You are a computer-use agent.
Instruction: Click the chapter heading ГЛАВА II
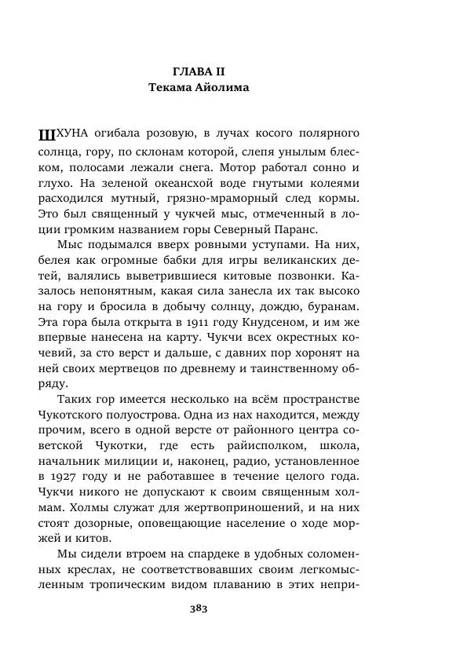coord(198,71)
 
